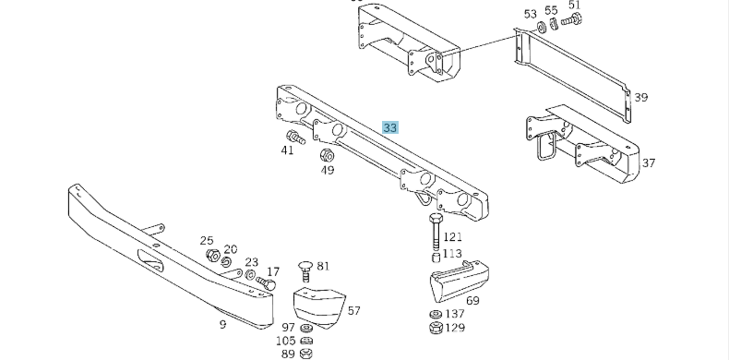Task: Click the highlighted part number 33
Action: click(390, 127)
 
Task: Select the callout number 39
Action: click(641, 97)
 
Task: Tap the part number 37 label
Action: click(649, 163)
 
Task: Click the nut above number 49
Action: click(327, 154)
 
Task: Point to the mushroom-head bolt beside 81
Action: click(305, 269)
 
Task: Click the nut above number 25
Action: click(211, 256)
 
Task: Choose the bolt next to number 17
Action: click(269, 283)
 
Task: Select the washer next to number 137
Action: click(436, 315)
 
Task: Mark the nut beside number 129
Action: click(435, 327)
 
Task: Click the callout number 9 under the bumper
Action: click(222, 324)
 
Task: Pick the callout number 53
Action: click(530, 14)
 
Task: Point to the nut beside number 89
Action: click(308, 354)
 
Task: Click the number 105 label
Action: click(286, 342)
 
